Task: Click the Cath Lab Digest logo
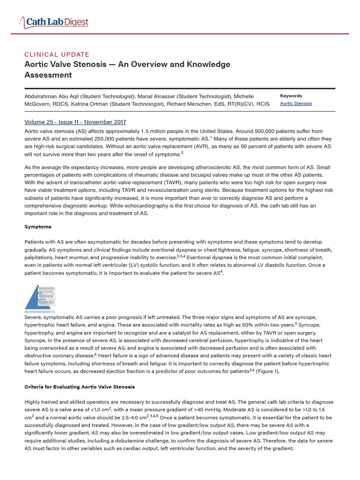pos(53,22)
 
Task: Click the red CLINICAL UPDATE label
pos(57,54)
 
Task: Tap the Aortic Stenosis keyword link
pos(296,104)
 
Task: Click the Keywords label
pos(291,96)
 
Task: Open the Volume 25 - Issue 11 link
pos(75,122)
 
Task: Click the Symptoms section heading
pos(38,227)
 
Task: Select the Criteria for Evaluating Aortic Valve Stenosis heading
pos(80,387)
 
